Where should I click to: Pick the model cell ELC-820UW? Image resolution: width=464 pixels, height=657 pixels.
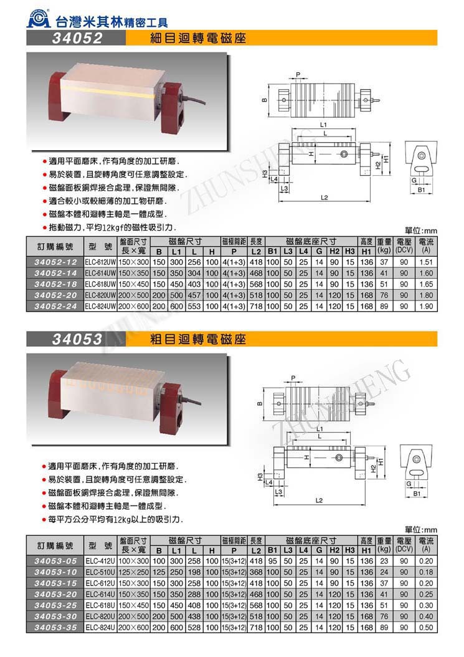click(100, 295)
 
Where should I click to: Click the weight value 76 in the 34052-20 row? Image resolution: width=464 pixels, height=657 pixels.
click(384, 295)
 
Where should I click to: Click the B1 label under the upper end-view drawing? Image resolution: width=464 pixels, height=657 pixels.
click(420, 188)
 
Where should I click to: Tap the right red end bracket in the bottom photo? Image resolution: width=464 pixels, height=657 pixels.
click(169, 411)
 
